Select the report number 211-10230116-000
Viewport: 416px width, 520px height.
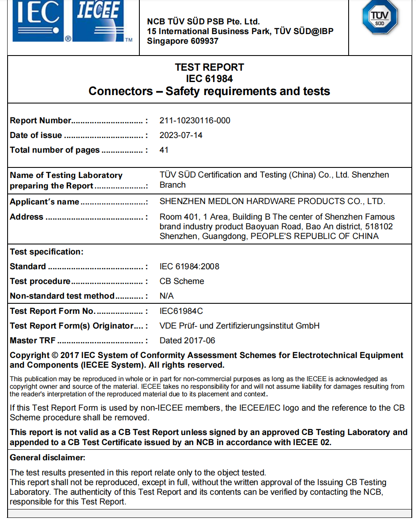click(195, 121)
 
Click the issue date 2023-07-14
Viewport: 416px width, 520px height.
click(181, 135)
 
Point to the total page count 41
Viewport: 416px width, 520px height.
click(164, 150)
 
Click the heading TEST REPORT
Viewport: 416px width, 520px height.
click(209, 67)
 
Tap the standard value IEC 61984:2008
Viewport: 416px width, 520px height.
click(189, 267)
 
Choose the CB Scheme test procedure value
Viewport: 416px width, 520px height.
click(181, 281)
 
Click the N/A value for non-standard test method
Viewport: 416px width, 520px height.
click(166, 296)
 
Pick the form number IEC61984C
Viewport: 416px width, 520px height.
click(181, 311)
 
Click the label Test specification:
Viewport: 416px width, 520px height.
click(46, 252)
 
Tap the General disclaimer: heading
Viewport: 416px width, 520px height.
click(47, 458)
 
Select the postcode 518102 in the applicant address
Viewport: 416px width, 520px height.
click(379, 227)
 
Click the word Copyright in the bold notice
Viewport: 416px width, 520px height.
click(29, 356)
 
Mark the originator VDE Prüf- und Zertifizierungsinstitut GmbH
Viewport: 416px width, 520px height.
click(239, 326)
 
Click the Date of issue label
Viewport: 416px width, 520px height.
click(36, 135)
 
